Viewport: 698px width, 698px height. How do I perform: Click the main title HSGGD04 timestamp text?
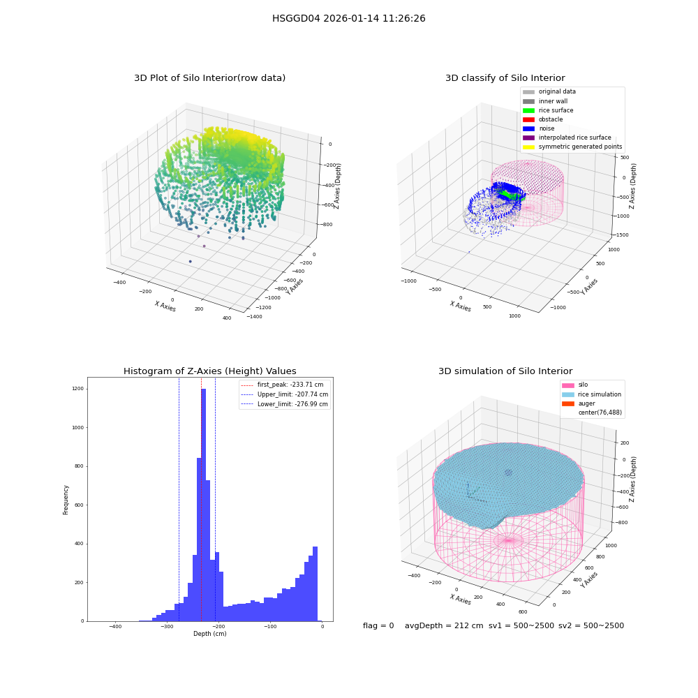348,18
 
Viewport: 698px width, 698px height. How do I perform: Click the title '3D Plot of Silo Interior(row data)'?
209,78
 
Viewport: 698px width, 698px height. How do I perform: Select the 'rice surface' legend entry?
548,110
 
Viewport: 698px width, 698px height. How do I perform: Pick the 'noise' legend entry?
539,128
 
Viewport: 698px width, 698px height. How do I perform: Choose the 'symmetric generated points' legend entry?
572,147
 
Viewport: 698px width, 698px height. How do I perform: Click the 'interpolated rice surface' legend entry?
567,138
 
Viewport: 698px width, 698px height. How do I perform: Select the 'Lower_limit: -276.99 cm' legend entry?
285,404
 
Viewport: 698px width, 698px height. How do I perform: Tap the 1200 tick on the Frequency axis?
78,389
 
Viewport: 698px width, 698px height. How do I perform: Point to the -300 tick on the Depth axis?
167,626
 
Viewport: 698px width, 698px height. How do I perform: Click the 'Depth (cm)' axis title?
210,634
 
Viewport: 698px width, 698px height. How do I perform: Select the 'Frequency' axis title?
66,500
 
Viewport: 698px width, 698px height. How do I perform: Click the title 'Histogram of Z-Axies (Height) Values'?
209,371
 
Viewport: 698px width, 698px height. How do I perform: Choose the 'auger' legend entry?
578,403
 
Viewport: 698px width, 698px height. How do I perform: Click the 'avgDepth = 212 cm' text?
444,625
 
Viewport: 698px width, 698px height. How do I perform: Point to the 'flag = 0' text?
378,625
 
